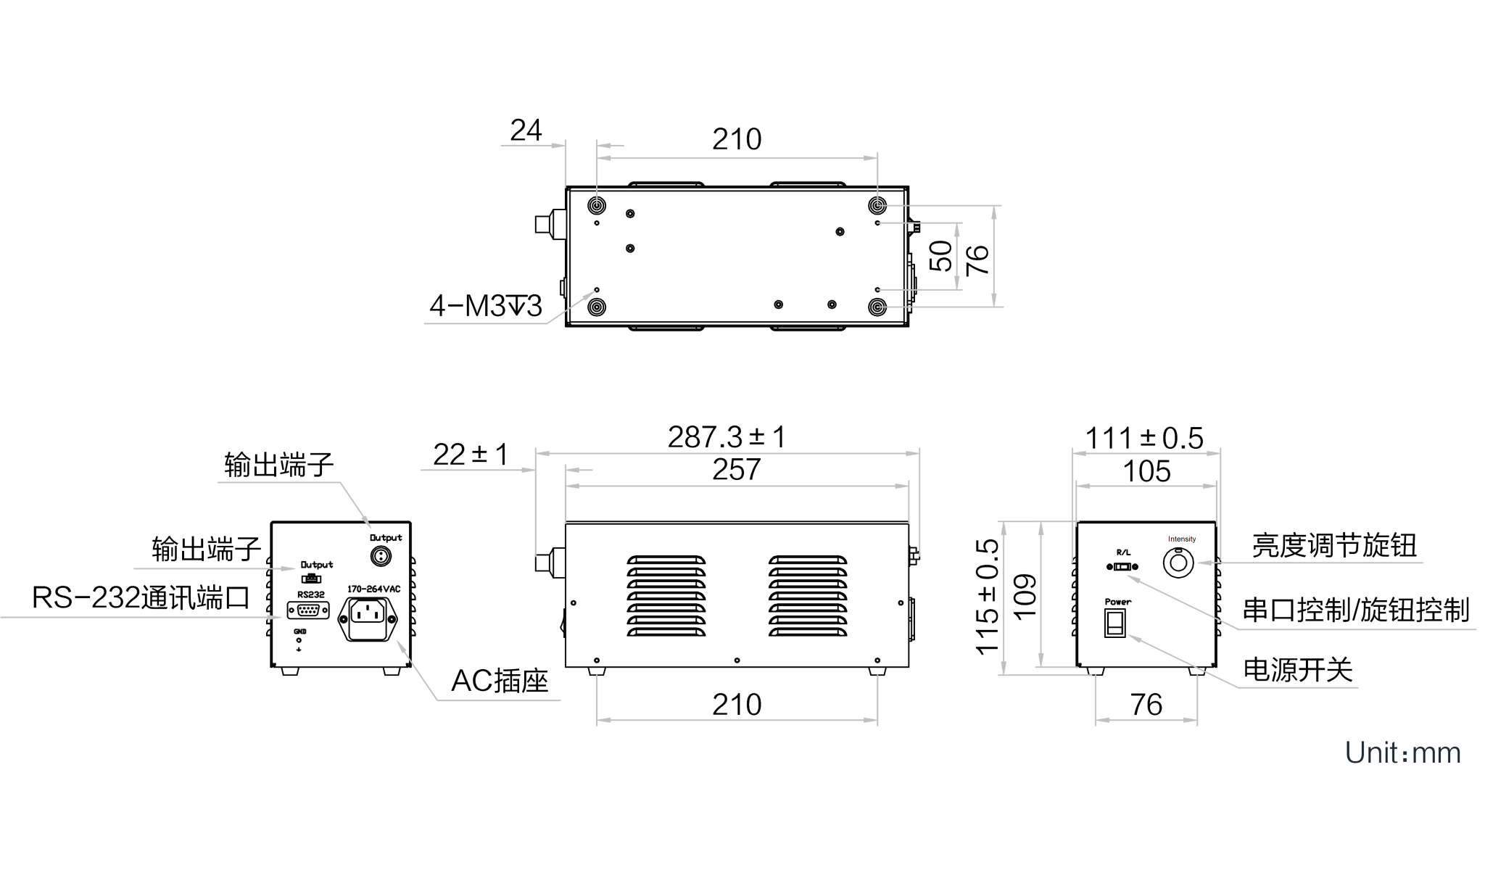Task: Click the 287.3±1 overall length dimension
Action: [727, 437]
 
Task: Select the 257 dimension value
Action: [736, 470]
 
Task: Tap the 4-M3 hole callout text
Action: [485, 306]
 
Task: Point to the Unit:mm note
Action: [1402, 753]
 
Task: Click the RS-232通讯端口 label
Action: [141, 598]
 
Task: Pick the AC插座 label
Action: [500, 680]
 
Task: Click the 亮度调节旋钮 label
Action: [1334, 545]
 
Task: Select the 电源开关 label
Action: [1298, 670]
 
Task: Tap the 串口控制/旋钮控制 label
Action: [1356, 610]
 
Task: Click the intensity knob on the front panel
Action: [1178, 563]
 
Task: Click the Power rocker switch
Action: [1114, 622]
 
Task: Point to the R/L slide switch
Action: [1122, 567]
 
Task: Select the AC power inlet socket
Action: [368, 619]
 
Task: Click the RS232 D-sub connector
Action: [308, 610]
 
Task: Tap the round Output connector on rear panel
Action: [381, 557]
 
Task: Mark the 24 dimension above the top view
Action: [526, 130]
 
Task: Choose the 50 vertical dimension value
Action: [941, 256]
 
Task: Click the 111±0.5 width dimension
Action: [1144, 438]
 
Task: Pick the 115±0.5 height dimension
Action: [988, 597]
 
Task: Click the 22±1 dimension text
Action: [471, 455]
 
